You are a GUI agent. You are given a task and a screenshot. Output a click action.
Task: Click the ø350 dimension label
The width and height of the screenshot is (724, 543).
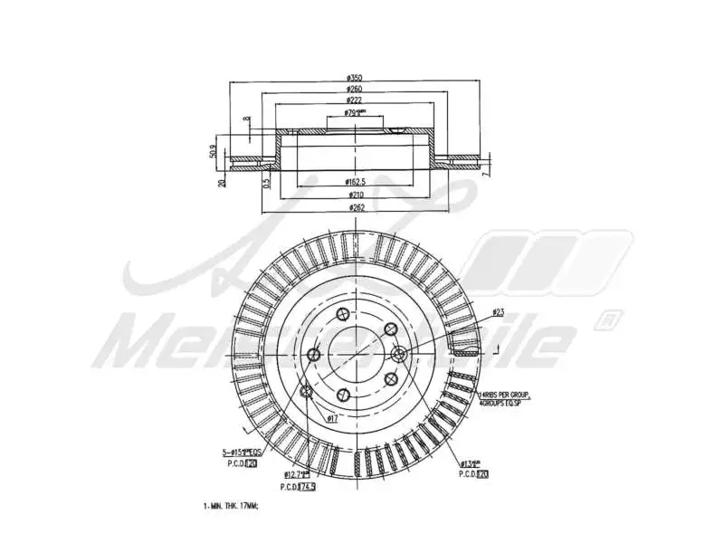tap(355, 77)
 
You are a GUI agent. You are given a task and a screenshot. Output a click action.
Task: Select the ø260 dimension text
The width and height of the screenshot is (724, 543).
tap(355, 89)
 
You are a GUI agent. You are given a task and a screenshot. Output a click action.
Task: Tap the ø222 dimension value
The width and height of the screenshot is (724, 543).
tap(355, 101)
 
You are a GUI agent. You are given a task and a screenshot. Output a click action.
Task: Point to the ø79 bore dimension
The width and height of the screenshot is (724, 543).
tap(355, 114)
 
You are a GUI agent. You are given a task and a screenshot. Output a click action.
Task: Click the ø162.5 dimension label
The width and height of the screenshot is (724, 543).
tap(355, 182)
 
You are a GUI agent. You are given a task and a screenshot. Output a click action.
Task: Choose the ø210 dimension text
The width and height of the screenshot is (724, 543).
tap(355, 195)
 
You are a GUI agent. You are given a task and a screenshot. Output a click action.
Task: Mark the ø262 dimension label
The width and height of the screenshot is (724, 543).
tap(355, 207)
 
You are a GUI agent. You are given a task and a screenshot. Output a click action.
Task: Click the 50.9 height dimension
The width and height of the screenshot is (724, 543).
tap(214, 149)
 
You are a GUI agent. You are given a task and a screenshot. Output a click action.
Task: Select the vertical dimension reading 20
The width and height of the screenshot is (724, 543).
tap(223, 182)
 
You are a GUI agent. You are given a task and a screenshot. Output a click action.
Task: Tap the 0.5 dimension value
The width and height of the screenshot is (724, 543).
tap(266, 183)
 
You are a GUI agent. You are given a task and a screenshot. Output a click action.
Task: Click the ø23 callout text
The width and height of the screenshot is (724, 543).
tap(498, 312)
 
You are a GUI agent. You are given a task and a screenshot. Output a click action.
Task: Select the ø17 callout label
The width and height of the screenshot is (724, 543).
tap(332, 418)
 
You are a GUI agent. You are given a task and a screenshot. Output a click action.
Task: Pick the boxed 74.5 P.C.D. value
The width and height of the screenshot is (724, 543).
tap(309, 486)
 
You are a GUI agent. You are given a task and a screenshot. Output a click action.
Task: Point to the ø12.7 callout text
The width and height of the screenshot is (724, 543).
tap(297, 474)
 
